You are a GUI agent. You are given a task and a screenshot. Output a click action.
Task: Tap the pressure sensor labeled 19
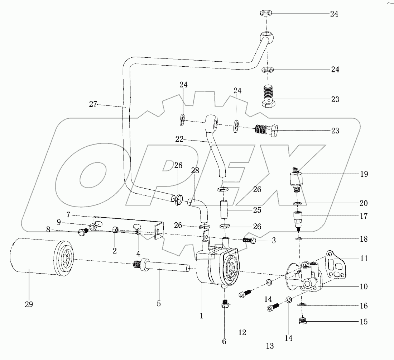tap(297, 177)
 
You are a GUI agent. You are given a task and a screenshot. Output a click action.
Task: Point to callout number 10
tap(364, 287)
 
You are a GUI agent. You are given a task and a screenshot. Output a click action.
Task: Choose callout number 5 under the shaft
tap(159, 304)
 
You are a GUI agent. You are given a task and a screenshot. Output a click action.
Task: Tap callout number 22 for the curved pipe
tap(179, 139)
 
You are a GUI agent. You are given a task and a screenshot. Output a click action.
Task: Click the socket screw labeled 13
tap(273, 308)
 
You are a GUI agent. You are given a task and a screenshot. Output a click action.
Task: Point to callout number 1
tap(202, 316)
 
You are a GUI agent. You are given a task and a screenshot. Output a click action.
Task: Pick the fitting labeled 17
tap(298, 219)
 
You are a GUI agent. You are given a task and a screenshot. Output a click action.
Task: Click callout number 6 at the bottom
tap(224, 342)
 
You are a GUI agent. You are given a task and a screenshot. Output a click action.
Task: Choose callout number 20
tap(364, 203)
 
